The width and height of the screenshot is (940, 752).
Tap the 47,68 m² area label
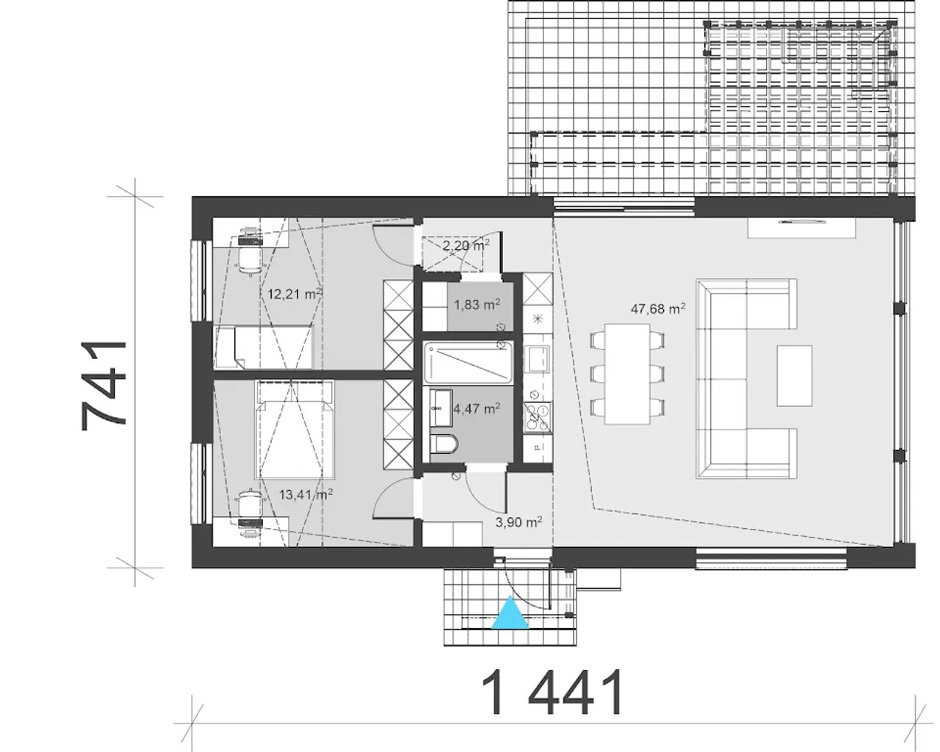click(x=658, y=308)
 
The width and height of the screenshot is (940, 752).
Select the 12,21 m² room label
click(x=294, y=294)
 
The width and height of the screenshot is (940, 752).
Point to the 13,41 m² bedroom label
click(x=305, y=495)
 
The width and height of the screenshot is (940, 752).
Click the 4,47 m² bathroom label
click(x=477, y=408)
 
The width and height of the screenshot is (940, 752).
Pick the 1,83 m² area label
click(x=477, y=304)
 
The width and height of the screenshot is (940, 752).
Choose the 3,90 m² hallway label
click(x=519, y=521)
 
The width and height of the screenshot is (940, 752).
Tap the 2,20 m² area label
click(x=466, y=245)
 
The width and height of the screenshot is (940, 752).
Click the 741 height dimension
click(x=104, y=385)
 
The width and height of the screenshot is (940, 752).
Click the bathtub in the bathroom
click(x=468, y=362)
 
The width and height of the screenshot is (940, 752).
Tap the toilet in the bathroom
click(x=444, y=445)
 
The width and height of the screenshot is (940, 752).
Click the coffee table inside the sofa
click(x=795, y=376)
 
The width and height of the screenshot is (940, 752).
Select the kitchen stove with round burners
click(x=538, y=418)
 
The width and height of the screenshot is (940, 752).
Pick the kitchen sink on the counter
click(x=538, y=358)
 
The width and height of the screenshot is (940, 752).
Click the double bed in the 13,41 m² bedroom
click(x=295, y=430)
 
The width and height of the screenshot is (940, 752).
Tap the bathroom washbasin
click(x=441, y=408)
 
